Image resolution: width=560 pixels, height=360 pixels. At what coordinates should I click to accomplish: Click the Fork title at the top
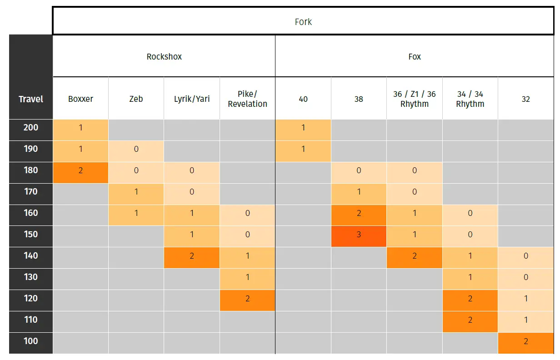(303, 22)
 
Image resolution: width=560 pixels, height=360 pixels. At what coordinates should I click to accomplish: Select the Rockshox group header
(164, 57)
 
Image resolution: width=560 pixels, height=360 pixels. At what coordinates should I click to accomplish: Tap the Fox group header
(415, 57)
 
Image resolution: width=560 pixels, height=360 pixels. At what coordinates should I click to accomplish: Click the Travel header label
(31, 99)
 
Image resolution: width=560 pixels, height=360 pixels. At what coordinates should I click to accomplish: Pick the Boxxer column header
(80, 99)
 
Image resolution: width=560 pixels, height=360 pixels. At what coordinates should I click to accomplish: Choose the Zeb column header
(136, 99)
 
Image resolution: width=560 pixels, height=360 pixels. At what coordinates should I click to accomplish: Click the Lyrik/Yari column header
(191, 99)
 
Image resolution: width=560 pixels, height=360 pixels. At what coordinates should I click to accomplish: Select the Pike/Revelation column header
(247, 99)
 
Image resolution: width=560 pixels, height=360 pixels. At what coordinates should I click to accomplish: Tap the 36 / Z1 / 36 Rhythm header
(414, 99)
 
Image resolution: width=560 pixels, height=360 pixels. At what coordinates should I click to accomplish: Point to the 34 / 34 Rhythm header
(470, 99)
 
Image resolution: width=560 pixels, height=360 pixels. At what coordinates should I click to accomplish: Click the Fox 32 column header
(525, 99)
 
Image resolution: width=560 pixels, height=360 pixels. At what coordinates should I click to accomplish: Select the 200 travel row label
(31, 128)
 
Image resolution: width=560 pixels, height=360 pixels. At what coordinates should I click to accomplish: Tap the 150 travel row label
(31, 235)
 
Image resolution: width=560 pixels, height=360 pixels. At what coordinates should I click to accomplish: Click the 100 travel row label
(31, 341)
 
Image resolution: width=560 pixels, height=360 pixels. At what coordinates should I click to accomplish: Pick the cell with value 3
(359, 235)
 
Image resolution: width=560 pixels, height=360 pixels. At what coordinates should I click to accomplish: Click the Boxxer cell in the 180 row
(80, 170)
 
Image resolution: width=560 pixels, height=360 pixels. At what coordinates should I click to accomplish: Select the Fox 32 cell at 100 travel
(525, 341)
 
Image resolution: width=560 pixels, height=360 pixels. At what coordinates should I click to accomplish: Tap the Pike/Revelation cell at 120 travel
(247, 299)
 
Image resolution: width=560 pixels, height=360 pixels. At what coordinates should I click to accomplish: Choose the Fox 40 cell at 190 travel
(303, 149)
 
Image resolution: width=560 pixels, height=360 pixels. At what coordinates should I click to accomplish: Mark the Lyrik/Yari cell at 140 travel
(191, 256)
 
